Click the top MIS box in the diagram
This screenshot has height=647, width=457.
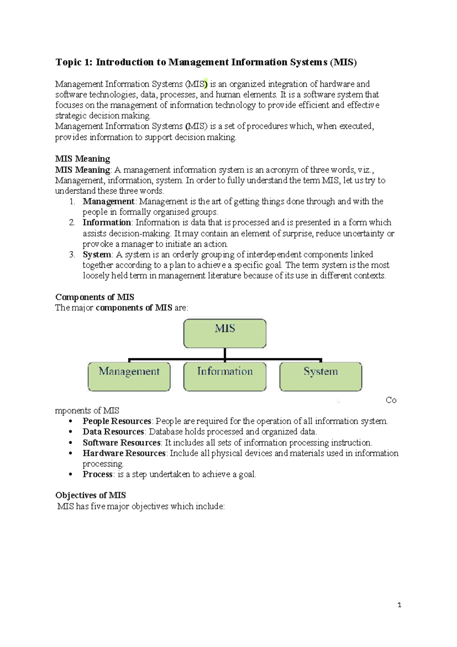225,333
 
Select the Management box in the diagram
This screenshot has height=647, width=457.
129,376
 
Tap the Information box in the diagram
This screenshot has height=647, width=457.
225,376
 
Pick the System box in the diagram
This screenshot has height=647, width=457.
321,376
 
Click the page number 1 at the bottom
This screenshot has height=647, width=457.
399,605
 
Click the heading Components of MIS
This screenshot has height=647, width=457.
94,297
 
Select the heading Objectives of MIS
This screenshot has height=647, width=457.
90,495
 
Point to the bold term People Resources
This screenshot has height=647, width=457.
117,421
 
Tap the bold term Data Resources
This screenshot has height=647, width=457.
113,431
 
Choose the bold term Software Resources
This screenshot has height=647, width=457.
121,442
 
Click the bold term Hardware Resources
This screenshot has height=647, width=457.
124,453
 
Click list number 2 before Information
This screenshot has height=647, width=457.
72,222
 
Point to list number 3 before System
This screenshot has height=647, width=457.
72,254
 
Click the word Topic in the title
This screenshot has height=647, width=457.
69,62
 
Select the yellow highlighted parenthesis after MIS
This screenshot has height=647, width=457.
206,84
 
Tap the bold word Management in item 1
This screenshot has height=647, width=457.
108,201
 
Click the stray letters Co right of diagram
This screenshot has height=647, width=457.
391,400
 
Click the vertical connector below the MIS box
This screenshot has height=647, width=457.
225,353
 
